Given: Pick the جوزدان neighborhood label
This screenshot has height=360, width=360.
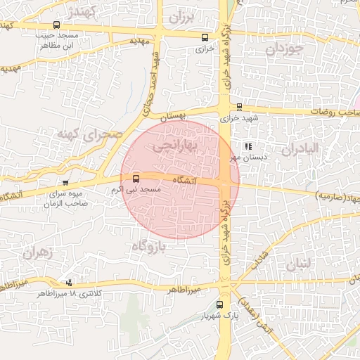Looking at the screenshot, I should click(284, 49).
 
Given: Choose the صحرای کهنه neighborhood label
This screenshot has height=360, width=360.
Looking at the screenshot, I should click(89, 133).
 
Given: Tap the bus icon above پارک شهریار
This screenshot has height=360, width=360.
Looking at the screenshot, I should click(220, 304).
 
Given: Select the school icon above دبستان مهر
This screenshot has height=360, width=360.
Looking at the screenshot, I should click(247, 146).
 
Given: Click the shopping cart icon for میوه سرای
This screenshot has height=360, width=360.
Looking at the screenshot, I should click(65, 183).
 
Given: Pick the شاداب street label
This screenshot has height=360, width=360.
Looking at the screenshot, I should click(257, 256).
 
